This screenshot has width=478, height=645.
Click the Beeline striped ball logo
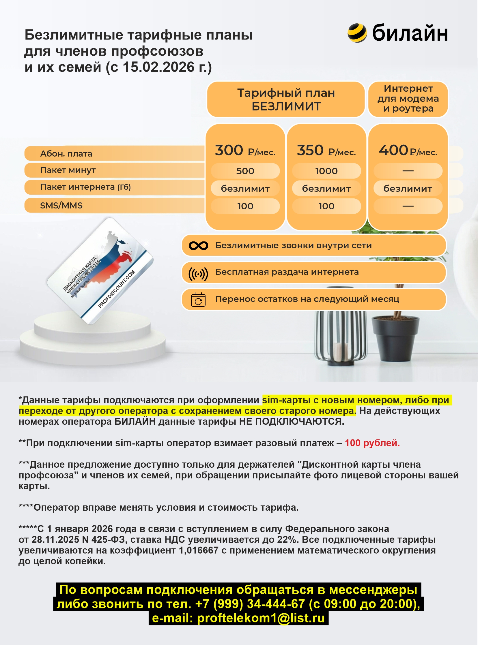tap(357, 33)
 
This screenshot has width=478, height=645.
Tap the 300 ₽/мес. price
tap(245, 151)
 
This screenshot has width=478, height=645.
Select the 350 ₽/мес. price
tap(326, 151)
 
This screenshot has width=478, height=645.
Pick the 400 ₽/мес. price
tap(408, 151)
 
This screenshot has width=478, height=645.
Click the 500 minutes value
tap(245, 171)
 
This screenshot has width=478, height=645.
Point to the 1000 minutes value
tap(326, 171)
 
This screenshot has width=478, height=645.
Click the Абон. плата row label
tap(66, 154)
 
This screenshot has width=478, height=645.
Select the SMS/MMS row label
tap(61, 206)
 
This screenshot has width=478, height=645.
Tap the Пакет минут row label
tap(68, 170)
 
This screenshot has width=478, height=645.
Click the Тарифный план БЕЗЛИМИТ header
tap(286, 99)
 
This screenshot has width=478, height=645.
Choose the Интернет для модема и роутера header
tap(408, 99)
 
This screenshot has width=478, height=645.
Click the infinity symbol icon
tap(198, 246)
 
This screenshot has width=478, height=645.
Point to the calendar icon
tap(198, 300)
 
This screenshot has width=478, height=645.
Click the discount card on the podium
tap(100, 271)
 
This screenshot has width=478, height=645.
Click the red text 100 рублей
tap(372, 443)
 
